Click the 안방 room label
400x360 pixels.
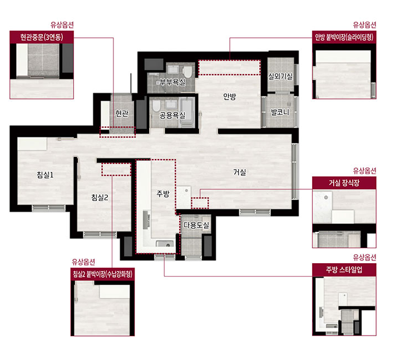point(229,96)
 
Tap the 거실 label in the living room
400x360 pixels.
point(240,172)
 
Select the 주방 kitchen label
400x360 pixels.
point(163,194)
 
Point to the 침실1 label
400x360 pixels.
point(45,175)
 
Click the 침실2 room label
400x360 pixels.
point(100,197)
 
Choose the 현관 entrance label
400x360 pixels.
point(122,114)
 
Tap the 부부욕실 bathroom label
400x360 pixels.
point(172,82)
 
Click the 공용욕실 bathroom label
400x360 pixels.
point(172,115)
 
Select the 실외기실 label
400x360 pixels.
point(280,76)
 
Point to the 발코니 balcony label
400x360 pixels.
point(280,112)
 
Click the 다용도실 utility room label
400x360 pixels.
point(196,225)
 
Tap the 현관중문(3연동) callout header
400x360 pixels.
point(42,37)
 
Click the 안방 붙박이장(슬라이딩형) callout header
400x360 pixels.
point(344,37)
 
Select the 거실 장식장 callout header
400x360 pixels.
point(344,183)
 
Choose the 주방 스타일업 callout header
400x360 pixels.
point(344,270)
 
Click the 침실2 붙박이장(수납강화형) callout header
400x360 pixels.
point(102,274)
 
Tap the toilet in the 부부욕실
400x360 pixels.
point(187,72)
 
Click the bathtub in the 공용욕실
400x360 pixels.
point(187,112)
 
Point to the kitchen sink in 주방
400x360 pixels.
point(165,244)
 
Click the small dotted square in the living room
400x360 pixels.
point(200,203)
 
